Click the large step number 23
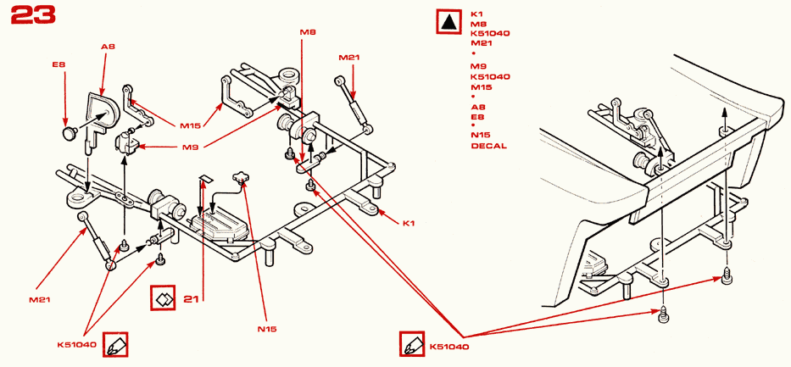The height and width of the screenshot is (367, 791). point(34,15)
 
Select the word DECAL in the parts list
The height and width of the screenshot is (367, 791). point(488,146)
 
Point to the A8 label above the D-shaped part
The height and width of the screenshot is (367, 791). point(108,47)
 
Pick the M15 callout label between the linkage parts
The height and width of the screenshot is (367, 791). point(190,125)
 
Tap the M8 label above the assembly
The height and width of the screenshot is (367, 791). point(308,32)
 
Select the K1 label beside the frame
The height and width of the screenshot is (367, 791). point(408,223)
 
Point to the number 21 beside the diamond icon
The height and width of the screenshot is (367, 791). point(191,298)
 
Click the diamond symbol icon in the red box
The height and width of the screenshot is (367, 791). point(162,298)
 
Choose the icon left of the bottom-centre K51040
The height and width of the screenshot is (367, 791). point(412,346)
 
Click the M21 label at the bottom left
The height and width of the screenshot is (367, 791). point(41,299)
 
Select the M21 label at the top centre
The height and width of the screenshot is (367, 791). point(349,58)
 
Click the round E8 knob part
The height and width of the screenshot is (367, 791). point(70,133)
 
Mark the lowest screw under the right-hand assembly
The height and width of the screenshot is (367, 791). point(662,317)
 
